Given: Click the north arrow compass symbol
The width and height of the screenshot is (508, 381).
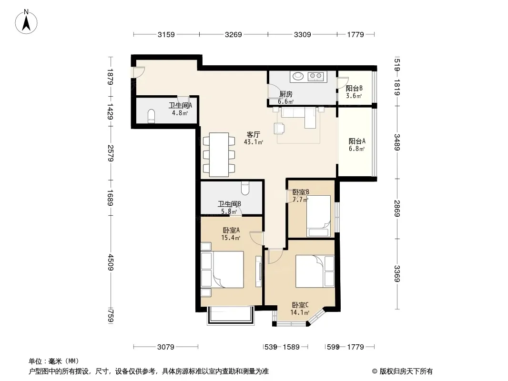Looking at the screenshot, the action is click(x=26, y=21).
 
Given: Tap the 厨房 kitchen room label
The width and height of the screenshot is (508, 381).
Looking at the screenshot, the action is click(x=286, y=94).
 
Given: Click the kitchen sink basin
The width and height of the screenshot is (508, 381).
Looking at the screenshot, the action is click(x=298, y=76).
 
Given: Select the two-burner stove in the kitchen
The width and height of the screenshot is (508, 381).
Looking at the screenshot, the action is click(x=315, y=76).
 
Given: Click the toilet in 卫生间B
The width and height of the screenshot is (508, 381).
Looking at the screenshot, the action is click(x=245, y=188).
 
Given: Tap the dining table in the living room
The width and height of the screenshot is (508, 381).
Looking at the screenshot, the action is click(x=219, y=155).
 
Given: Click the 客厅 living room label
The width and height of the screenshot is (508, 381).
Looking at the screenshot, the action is click(x=254, y=135).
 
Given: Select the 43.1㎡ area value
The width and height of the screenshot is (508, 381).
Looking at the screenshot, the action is click(x=254, y=142).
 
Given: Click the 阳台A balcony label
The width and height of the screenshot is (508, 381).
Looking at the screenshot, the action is click(x=357, y=141).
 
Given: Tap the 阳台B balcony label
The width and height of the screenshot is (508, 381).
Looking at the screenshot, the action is click(x=354, y=89).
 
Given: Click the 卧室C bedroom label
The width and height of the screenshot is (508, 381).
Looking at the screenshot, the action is click(x=300, y=305).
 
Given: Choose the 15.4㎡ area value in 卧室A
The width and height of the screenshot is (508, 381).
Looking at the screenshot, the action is click(x=230, y=238).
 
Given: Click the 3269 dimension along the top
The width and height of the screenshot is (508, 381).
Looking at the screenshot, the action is click(x=233, y=34).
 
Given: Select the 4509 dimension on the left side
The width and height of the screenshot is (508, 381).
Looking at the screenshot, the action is click(x=111, y=262).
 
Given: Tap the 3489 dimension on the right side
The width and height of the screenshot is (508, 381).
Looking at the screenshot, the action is click(x=397, y=142).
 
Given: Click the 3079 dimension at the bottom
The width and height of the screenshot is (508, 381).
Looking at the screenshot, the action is click(x=165, y=347).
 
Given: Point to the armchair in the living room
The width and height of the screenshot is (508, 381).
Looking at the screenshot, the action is click(x=280, y=128).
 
